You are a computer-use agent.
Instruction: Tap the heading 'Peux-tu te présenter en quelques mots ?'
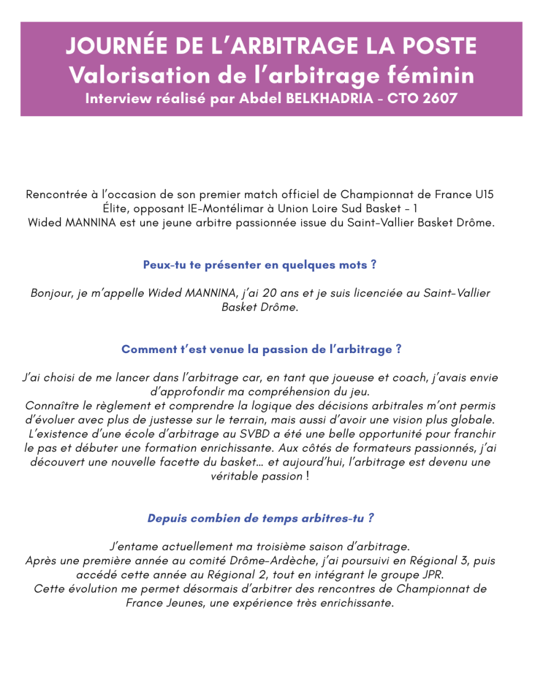point(260,265)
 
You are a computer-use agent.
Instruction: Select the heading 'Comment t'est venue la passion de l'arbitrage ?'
point(261,349)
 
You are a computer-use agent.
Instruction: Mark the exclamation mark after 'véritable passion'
point(307,477)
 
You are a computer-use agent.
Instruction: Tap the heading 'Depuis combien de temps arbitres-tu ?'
point(260,518)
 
